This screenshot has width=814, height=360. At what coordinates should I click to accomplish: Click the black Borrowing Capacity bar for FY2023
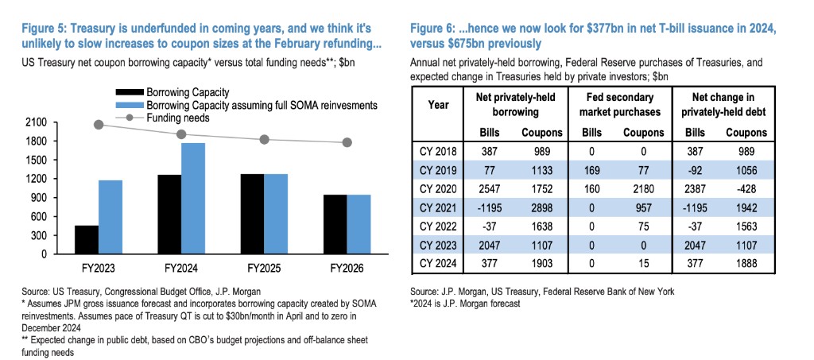[x=87, y=240]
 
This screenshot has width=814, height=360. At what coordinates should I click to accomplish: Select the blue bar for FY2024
[x=193, y=199]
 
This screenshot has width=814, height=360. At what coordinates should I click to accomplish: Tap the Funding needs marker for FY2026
[x=347, y=142]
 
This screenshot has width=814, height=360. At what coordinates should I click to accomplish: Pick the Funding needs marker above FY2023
[x=99, y=124]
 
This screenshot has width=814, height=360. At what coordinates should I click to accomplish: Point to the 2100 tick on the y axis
[x=36, y=122]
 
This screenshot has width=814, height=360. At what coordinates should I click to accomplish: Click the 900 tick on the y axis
[x=39, y=198]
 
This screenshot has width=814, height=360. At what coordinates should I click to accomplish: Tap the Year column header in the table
[x=439, y=104]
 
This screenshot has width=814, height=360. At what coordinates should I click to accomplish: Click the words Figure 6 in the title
[x=433, y=28]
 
